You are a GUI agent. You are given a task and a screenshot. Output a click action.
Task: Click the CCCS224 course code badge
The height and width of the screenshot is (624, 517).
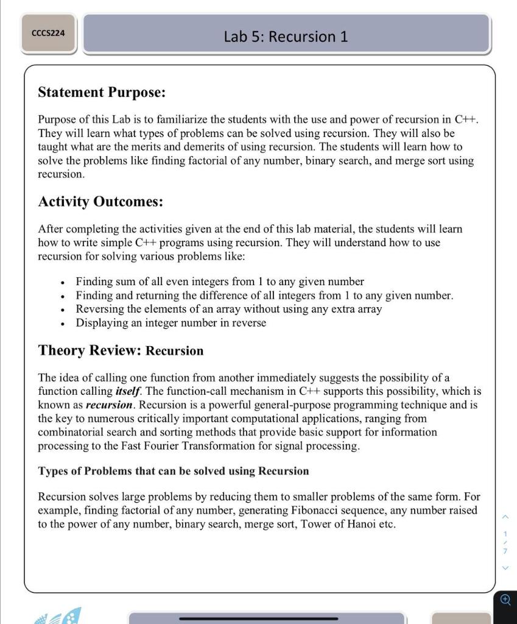tap(48, 32)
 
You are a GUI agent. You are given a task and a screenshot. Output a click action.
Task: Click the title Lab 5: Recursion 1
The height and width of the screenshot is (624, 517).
tap(286, 37)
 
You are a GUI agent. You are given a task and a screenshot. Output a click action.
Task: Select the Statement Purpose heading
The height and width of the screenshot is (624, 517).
tap(102, 92)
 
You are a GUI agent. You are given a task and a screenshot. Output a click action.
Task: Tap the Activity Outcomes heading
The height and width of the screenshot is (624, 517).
tap(100, 201)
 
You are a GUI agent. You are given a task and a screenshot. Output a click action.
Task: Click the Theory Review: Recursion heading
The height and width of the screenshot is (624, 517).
tap(121, 350)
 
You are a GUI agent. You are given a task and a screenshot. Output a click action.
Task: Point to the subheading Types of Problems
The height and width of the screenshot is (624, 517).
tap(173, 471)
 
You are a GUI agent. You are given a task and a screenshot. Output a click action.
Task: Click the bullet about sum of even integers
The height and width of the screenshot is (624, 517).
tap(219, 282)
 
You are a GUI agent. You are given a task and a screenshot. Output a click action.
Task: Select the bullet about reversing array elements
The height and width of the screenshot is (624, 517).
tap(228, 309)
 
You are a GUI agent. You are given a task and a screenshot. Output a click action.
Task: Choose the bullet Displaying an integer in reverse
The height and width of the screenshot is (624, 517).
tap(171, 323)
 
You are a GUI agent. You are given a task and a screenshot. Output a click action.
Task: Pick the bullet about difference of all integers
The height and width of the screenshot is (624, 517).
tap(264, 296)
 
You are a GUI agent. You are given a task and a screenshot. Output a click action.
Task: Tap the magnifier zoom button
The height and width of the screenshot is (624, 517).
tap(505, 600)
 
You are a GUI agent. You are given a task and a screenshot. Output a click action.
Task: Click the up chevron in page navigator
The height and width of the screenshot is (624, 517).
tap(505, 517)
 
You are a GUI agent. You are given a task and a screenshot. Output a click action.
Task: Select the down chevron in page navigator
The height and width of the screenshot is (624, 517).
tap(505, 568)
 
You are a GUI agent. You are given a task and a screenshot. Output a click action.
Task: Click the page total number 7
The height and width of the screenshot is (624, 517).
tap(505, 551)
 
